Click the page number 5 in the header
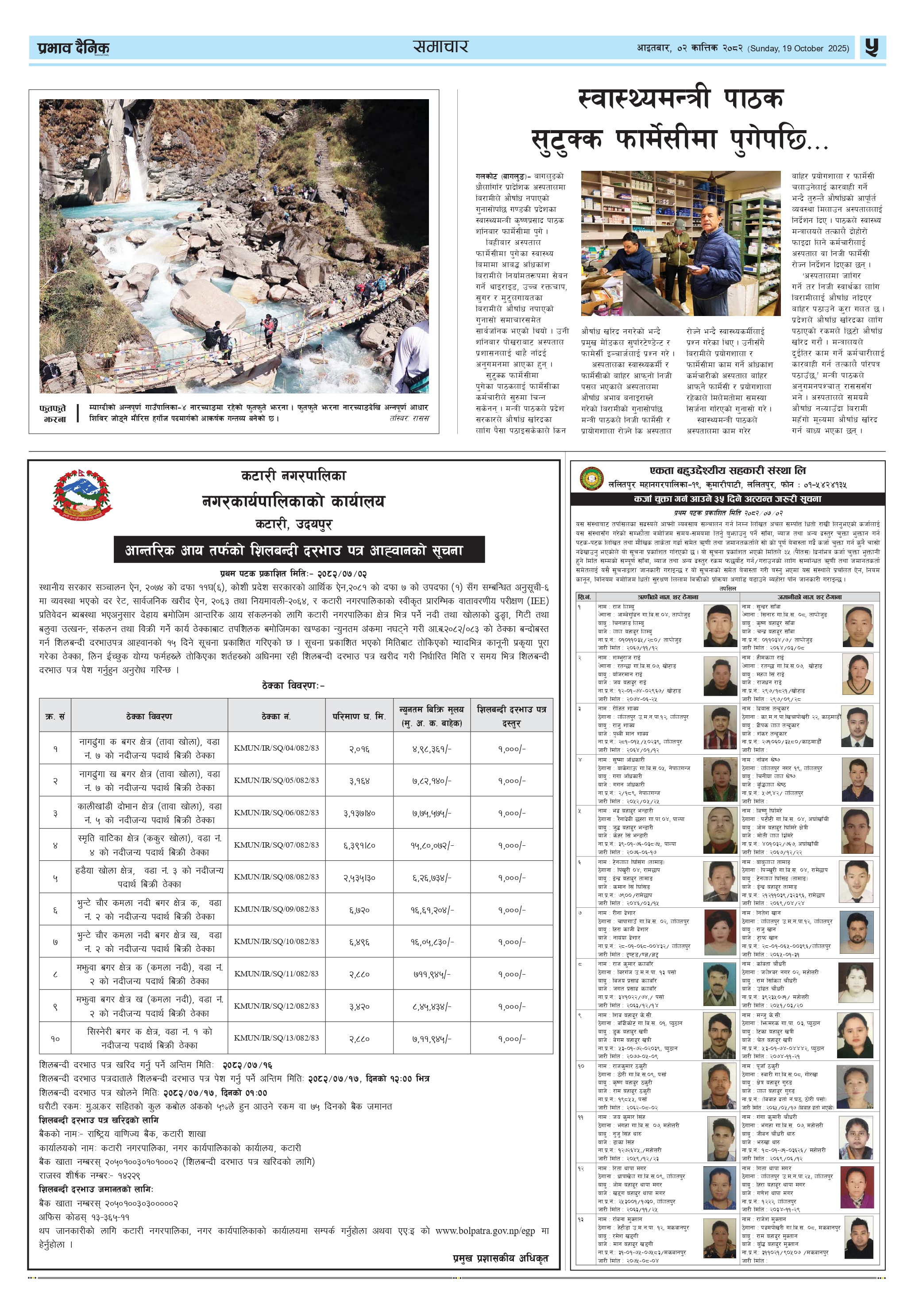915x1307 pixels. [871, 47]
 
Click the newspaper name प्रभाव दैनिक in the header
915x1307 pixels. [73, 48]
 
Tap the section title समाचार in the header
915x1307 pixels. [440, 46]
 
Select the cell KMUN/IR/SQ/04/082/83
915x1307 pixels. [276, 748]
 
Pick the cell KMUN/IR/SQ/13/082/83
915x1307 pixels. [276, 1038]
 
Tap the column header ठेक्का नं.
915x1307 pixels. [276, 716]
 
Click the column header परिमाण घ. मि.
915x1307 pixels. [359, 716]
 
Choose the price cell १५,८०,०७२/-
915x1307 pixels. [432, 845]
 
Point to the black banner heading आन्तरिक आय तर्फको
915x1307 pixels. [299, 550]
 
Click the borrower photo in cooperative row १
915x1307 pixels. [720, 625]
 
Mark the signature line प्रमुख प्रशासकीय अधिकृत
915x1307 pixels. [500, 1257]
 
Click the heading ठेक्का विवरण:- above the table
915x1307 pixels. [293, 686]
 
